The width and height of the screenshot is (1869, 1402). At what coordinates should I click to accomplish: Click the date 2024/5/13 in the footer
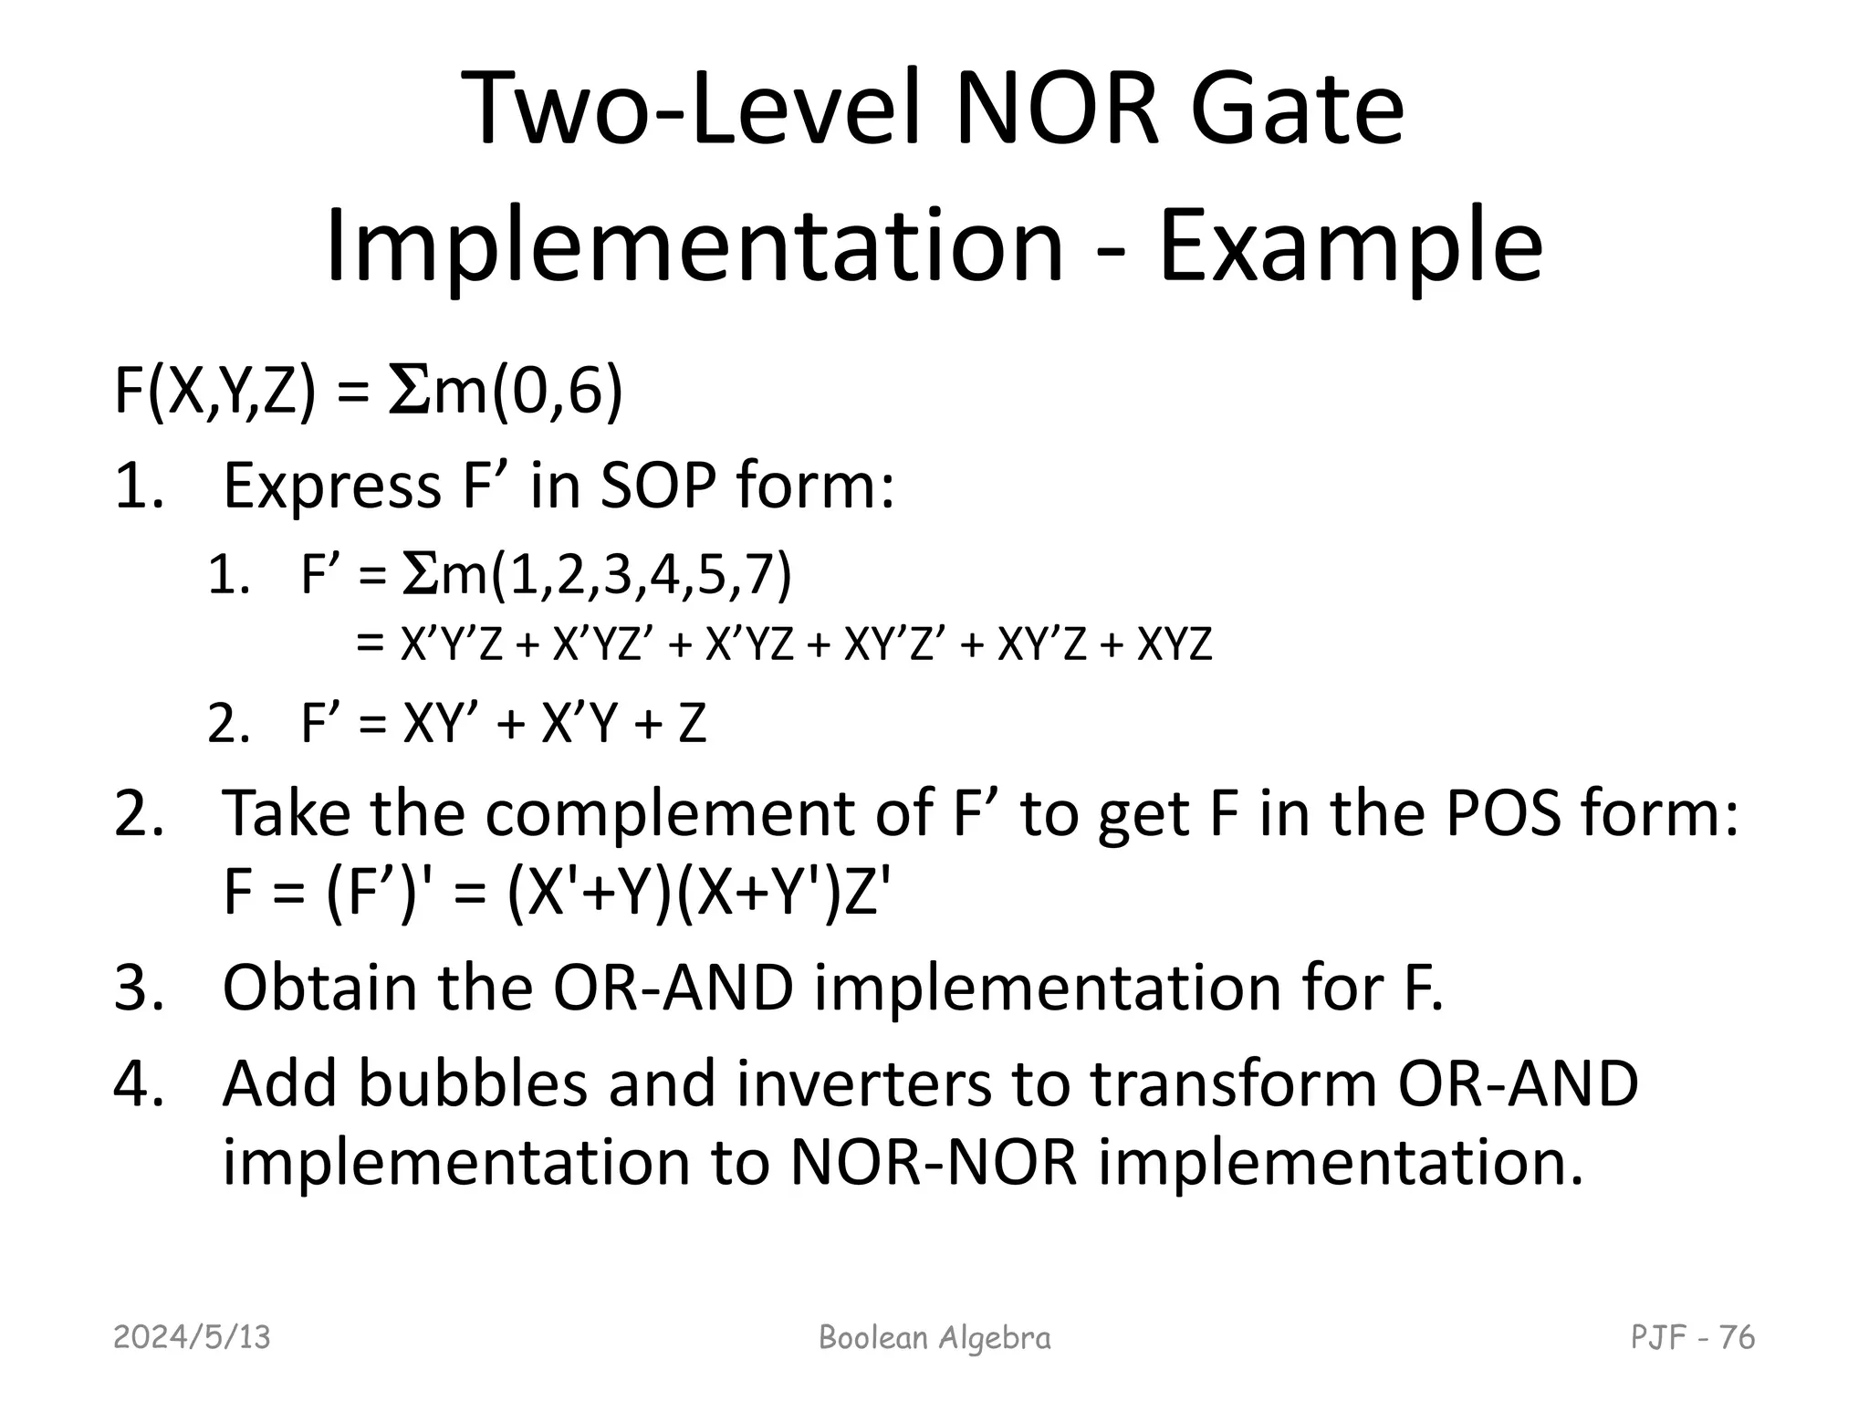coord(193,1337)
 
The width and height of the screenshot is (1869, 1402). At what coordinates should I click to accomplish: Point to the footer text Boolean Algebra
coord(934,1337)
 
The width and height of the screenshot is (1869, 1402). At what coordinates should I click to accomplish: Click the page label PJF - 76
coord(1692,1337)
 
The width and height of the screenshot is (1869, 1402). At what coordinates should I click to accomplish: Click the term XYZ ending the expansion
coord(1175,645)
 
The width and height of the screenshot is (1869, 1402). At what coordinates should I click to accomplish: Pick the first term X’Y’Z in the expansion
coord(452,645)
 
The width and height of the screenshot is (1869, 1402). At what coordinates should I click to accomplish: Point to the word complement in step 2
coord(671,811)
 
